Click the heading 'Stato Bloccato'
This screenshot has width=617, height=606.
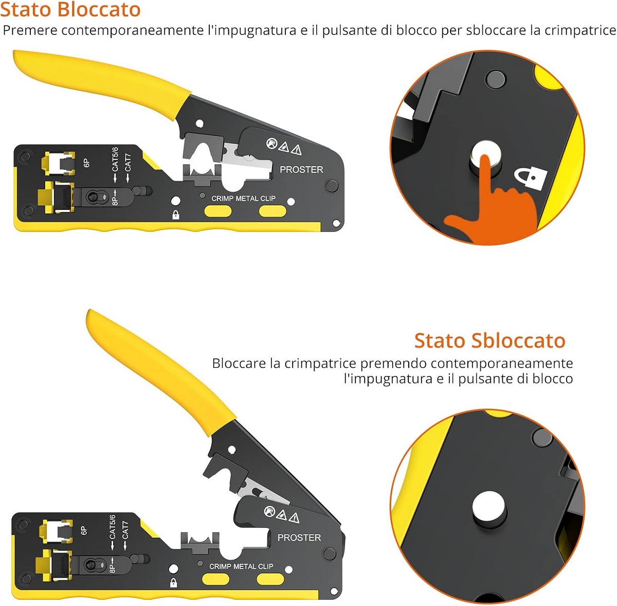pos(70,9)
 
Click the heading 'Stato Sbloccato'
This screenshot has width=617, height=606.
pos(489,341)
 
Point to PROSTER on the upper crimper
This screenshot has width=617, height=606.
pos(301,170)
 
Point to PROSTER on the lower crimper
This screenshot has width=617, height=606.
pos(299,538)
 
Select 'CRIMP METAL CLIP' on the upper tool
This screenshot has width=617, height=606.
pos(243,199)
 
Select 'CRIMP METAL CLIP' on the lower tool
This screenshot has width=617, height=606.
pos(241,566)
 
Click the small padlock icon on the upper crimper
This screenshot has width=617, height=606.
pos(175,215)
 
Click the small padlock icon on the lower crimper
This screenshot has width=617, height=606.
pos(173,583)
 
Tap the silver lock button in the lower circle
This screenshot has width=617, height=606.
pos(489,509)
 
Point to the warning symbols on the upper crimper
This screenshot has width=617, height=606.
pos(284,146)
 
